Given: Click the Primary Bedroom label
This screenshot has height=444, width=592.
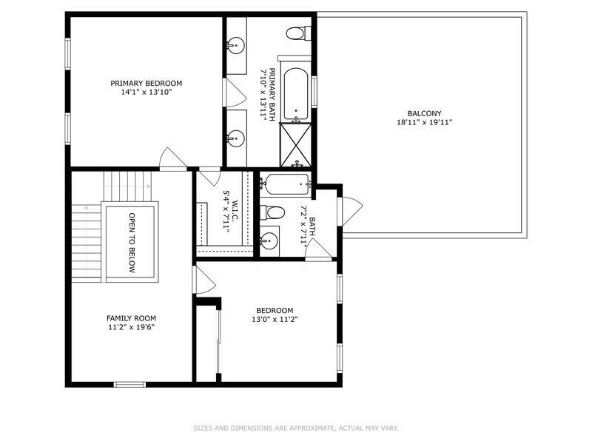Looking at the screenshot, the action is [146, 83].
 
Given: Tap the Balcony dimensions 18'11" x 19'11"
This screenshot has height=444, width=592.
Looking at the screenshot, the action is [424, 122].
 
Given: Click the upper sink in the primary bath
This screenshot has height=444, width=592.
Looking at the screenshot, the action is [237, 45].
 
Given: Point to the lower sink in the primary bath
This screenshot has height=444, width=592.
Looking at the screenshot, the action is [237, 138].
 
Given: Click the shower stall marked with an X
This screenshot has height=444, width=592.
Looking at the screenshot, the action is [295, 145].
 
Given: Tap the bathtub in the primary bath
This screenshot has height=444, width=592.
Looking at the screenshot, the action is [295, 93].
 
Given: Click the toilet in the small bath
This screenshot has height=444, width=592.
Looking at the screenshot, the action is [272, 212].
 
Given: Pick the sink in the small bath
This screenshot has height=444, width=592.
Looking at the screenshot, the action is [269, 240].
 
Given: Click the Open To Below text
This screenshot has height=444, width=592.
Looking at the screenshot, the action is [132, 243].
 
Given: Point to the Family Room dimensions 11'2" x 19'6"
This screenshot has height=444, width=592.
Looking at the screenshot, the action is [132, 327].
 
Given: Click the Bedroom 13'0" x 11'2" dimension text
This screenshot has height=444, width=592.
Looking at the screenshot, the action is [275, 320].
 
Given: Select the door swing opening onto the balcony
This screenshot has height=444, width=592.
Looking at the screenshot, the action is [352, 212].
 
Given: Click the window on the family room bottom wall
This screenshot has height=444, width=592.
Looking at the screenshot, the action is [129, 385].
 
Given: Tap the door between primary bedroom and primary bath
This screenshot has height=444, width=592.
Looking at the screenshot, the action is [235, 92].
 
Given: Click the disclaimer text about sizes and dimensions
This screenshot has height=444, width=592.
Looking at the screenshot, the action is [295, 428].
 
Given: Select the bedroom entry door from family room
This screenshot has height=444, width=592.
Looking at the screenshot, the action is [204, 280].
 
